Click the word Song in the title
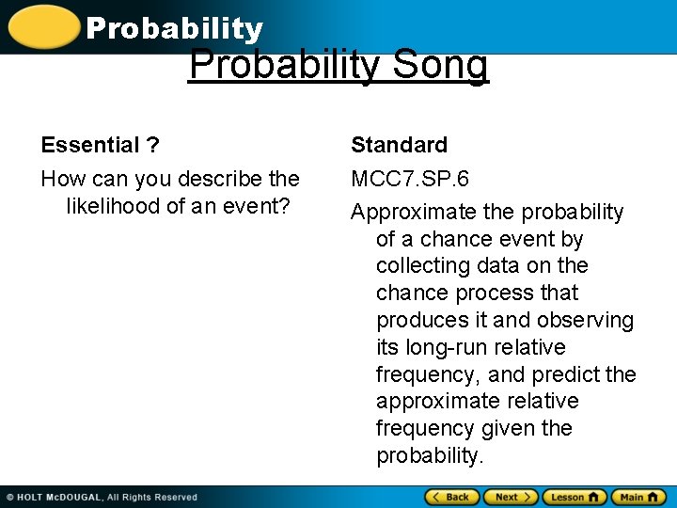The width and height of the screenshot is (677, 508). tap(440, 66)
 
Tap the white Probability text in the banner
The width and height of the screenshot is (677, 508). tap(174, 29)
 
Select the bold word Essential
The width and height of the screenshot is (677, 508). tap(90, 145)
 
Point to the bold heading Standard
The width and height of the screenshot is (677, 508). tap(399, 145)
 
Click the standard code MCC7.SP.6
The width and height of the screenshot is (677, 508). tap(410, 179)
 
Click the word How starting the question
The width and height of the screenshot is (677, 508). tap(61, 179)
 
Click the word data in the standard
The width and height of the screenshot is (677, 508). tap(504, 266)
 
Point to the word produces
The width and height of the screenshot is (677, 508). tap(420, 321)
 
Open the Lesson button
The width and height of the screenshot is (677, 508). tap(574, 497)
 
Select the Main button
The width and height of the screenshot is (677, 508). tap(638, 497)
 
